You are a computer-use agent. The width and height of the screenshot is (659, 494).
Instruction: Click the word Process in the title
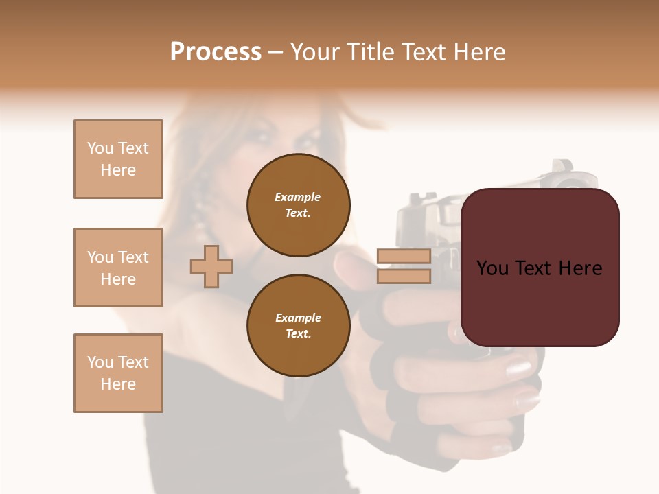(x=216, y=52)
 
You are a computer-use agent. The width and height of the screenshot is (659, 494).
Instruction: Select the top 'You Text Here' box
(x=118, y=159)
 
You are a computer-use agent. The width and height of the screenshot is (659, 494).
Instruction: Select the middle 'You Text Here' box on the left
(x=118, y=268)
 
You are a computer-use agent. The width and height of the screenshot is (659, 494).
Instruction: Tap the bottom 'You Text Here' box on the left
(x=118, y=373)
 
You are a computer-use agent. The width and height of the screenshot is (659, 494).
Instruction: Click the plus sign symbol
(x=211, y=266)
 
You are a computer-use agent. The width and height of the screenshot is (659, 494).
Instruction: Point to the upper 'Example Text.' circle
(x=299, y=204)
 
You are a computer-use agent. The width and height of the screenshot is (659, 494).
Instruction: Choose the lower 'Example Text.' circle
(x=299, y=325)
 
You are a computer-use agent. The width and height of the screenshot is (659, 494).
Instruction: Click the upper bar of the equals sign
(x=404, y=256)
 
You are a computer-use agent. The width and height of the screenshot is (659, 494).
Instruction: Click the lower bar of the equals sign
(x=404, y=276)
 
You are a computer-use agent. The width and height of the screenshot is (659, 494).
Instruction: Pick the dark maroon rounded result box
(x=540, y=268)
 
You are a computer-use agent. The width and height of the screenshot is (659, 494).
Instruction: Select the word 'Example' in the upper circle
(x=297, y=197)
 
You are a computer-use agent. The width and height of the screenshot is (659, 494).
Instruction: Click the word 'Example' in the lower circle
(x=298, y=318)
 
